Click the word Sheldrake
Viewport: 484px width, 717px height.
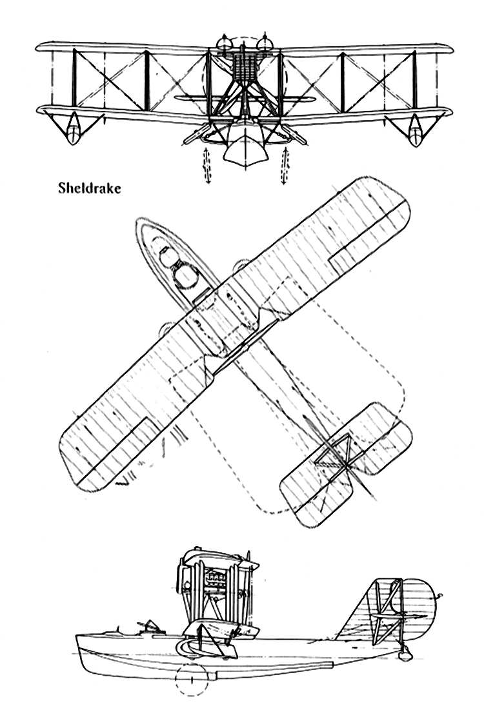[90, 188]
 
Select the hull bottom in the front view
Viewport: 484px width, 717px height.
[245, 150]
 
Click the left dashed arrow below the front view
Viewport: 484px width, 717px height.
[207, 166]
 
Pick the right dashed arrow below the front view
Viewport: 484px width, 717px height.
[285, 166]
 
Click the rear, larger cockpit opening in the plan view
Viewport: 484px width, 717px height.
[186, 277]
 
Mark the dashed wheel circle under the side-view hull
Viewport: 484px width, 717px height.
[192, 678]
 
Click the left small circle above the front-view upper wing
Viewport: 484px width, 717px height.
[224, 43]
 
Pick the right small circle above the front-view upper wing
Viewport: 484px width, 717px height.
[265, 43]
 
